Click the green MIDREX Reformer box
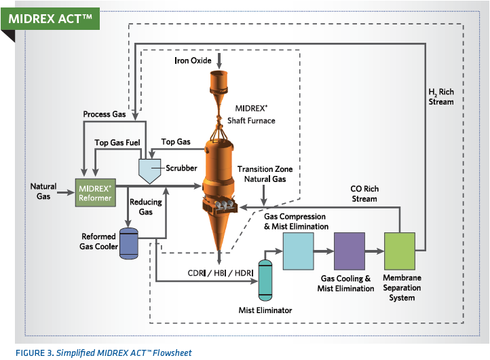(x=96, y=192)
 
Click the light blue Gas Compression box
(x=298, y=251)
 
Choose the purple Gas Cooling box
(x=349, y=251)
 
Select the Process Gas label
(x=105, y=115)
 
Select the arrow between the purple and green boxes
(x=374, y=251)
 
